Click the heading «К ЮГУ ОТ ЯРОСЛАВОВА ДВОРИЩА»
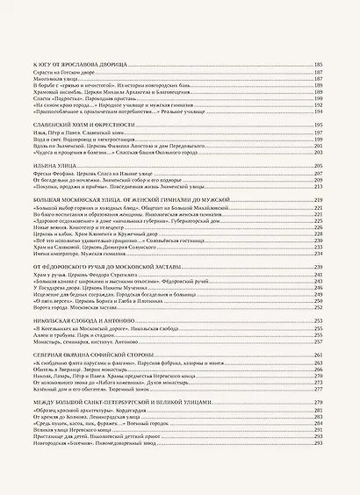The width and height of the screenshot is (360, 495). tap(79, 66)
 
